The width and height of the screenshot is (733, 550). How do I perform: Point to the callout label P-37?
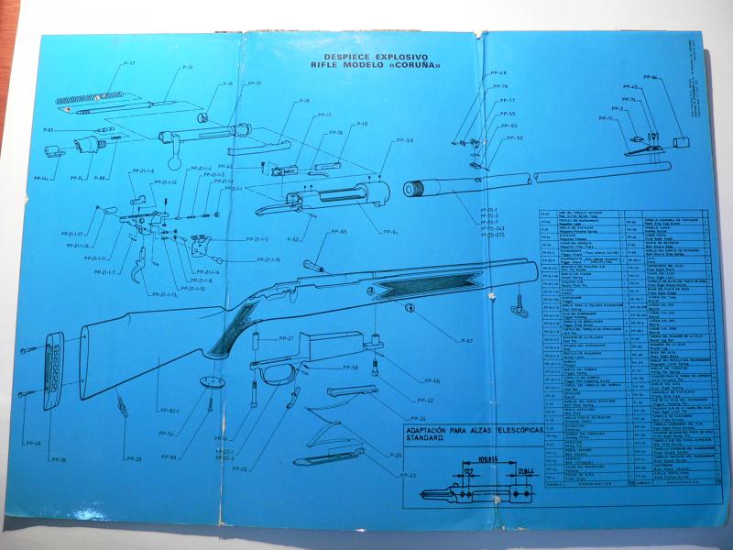[x=127, y=63]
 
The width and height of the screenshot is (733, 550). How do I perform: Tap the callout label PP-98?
[x=404, y=140]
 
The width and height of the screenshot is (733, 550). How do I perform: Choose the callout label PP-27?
[x=286, y=339]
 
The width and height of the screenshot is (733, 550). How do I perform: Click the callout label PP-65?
[x=338, y=232]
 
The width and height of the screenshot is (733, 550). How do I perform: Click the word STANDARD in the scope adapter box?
[x=425, y=439]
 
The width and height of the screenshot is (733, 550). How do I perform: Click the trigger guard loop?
[x=275, y=376]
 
